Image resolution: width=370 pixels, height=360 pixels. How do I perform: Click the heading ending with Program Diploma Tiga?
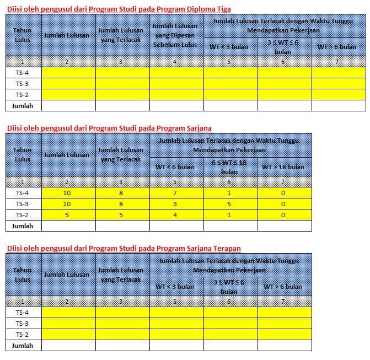click(x=119, y=9)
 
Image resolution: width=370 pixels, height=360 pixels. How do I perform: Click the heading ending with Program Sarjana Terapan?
click(x=124, y=248)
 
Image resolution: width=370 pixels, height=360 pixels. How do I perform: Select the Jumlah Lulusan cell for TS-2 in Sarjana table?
click(x=67, y=215)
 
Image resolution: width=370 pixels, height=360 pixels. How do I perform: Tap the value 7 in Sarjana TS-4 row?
click(x=175, y=193)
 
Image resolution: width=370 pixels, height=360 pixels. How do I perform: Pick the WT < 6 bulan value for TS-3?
click(x=175, y=204)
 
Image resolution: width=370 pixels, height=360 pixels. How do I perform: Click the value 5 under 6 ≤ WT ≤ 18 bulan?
click(x=228, y=204)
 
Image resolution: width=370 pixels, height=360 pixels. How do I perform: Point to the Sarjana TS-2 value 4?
click(x=175, y=215)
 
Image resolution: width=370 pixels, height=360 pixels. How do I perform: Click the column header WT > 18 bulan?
click(x=282, y=166)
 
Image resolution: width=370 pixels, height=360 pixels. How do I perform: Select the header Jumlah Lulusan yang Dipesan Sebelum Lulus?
click(x=175, y=35)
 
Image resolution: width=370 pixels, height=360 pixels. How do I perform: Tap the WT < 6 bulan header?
click(x=175, y=166)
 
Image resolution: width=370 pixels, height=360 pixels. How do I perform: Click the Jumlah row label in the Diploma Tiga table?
click(x=23, y=105)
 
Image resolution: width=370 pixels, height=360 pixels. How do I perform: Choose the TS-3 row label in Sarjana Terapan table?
click(x=23, y=324)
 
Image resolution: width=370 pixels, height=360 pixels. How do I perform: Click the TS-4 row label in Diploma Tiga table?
click(x=23, y=72)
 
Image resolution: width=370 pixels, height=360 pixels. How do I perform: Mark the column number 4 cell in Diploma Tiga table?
click(x=175, y=62)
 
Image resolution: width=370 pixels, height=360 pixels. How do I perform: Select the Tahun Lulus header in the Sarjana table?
click(x=23, y=154)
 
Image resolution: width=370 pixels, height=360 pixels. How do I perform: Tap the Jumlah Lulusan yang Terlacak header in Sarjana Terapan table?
click(x=121, y=275)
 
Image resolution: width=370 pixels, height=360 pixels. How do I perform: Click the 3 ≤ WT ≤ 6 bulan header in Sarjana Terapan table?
click(x=228, y=287)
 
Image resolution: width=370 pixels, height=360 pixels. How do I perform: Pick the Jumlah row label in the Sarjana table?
click(x=23, y=225)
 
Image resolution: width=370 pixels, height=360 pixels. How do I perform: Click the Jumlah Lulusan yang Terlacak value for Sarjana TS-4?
click(x=121, y=193)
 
